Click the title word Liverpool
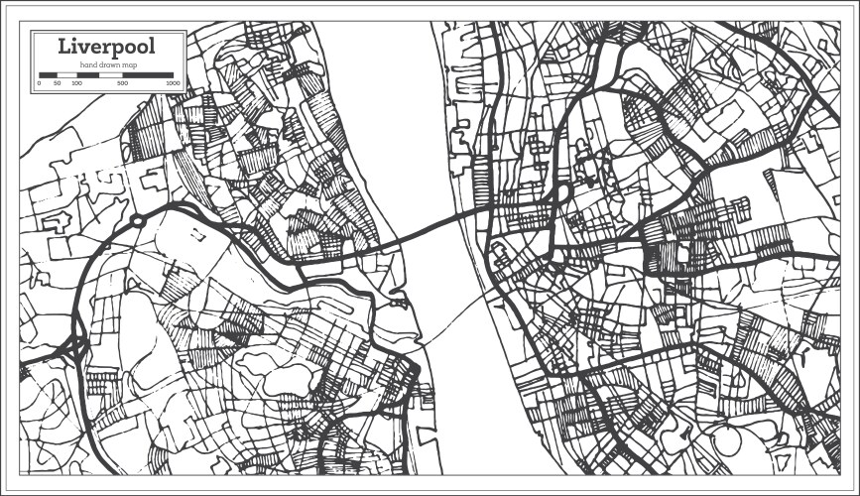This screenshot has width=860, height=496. click(x=106, y=46)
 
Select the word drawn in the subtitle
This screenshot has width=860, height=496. click(x=106, y=64)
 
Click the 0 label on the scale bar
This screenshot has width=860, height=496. click(x=39, y=83)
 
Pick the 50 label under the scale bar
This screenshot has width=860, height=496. click(x=58, y=83)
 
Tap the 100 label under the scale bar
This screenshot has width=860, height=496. click(x=77, y=83)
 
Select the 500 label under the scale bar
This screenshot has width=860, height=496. click(x=122, y=83)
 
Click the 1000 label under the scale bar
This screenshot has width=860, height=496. click(x=173, y=83)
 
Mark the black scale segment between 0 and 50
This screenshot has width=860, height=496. click(x=48, y=74)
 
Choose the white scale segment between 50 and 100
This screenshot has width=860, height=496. click(x=66, y=74)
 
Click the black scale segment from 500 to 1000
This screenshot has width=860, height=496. click(x=148, y=74)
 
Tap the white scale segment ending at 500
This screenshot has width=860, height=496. click(x=110, y=74)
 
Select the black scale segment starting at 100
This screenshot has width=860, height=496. click(x=87, y=74)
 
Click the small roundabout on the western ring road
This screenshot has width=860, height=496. click(x=137, y=220)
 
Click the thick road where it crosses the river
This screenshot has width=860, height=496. click(x=436, y=228)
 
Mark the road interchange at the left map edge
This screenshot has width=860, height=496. click(x=71, y=346)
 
